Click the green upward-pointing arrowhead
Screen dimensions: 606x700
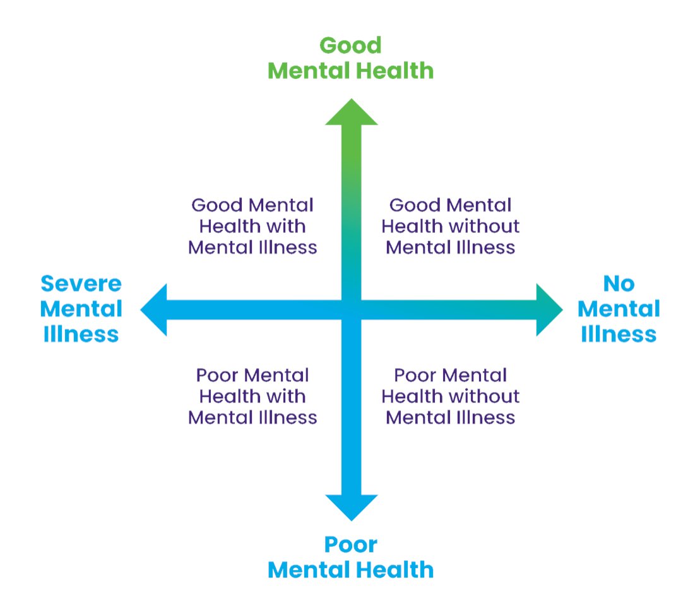click(352, 114)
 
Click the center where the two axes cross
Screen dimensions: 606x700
click(352, 310)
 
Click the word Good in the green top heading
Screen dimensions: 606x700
click(350, 45)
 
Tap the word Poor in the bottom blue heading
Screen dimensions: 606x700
click(350, 544)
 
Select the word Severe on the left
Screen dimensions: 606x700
click(81, 284)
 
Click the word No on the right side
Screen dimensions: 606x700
click(619, 284)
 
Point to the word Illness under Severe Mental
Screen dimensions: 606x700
click(81, 334)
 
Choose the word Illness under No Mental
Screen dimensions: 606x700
click(619, 334)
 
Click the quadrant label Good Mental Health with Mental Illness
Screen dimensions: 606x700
click(252, 226)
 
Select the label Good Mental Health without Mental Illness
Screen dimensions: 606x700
click(451, 226)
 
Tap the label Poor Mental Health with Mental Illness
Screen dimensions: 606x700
click(252, 396)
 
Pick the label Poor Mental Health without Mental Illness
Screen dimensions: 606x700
click(451, 396)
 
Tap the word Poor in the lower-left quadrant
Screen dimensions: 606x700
click(217, 376)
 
